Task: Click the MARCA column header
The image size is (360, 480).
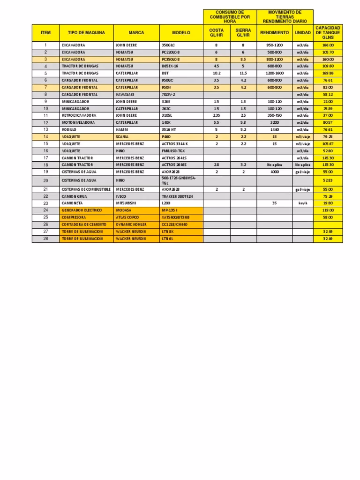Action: [x=136, y=33]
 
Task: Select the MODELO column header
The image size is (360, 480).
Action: [x=181, y=33]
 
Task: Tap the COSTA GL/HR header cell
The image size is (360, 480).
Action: [x=216, y=33]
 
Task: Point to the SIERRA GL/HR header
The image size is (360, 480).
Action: [x=243, y=33]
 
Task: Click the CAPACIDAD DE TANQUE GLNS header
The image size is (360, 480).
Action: [x=328, y=33]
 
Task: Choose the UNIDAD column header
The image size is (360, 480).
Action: [x=302, y=33]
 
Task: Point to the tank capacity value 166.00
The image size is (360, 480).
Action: [x=328, y=45]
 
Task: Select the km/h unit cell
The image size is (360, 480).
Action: [x=302, y=203]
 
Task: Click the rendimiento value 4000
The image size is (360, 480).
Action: [x=274, y=172]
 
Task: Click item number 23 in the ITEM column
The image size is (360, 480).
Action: [x=46, y=203]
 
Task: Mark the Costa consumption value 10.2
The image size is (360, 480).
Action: [x=216, y=73]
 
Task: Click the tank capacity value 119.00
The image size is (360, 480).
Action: [x=328, y=210]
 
